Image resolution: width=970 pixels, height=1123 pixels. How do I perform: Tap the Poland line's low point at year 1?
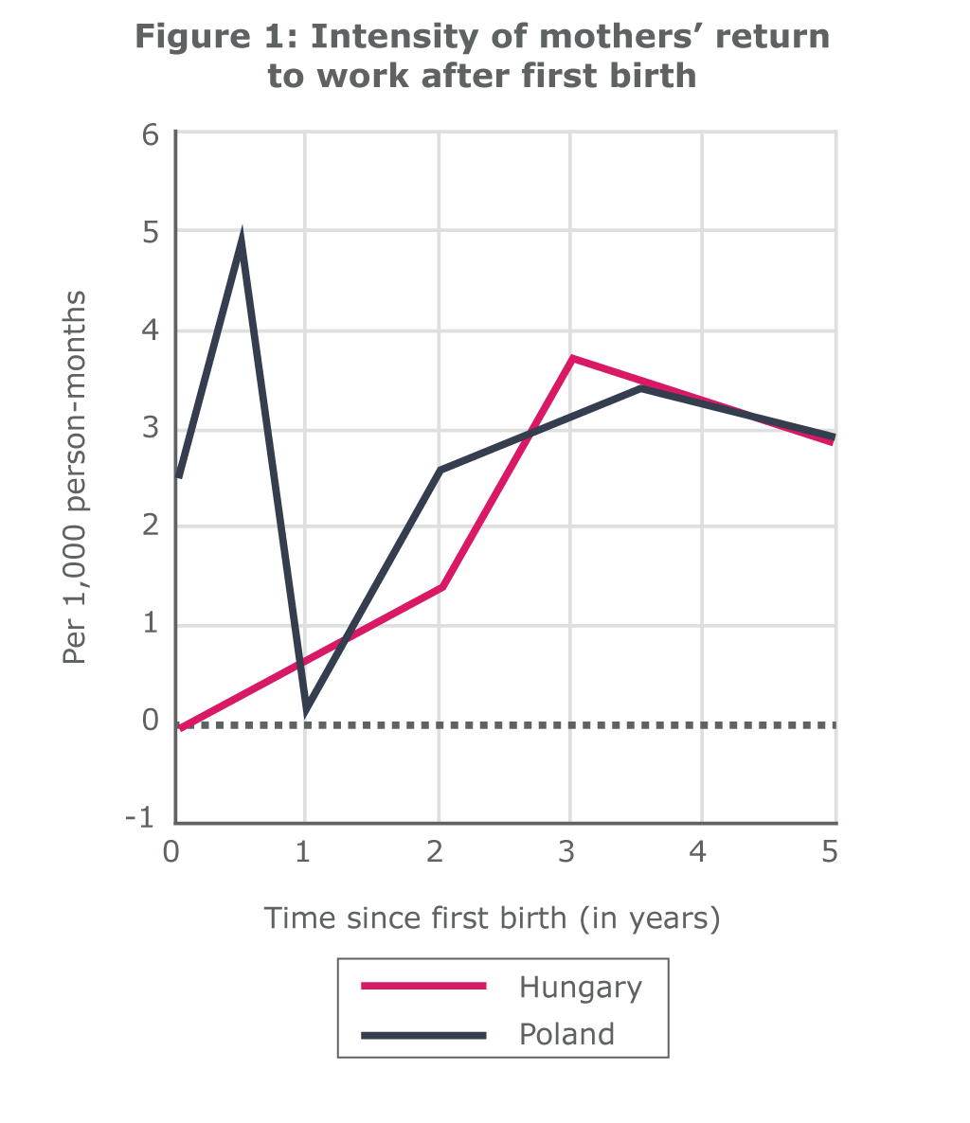306,707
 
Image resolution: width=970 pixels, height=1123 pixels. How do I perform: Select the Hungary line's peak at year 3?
571,358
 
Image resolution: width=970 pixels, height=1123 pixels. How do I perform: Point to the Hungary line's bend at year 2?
440,587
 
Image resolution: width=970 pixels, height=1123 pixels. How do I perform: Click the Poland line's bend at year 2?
440,470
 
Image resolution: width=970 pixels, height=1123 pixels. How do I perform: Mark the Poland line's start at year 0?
178,476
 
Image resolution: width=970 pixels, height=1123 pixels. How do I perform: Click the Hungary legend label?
580,988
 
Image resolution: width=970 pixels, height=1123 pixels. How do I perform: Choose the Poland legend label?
566,1034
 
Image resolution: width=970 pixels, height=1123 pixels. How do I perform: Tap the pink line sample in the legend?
422,987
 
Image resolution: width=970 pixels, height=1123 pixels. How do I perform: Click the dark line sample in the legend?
422,1035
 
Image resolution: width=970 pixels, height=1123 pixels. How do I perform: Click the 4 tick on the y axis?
152,331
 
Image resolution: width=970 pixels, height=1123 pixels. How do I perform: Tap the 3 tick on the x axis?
566,852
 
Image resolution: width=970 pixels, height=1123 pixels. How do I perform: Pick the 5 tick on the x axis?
830,852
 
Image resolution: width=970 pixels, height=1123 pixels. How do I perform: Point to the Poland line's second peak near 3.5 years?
641,388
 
